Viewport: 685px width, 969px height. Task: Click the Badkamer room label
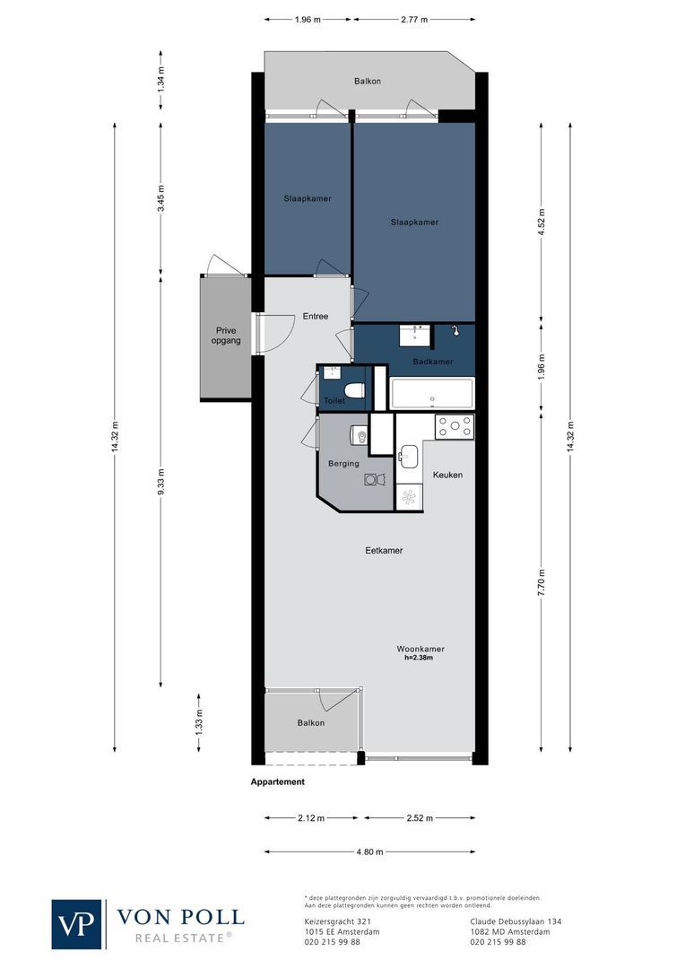pos(432,362)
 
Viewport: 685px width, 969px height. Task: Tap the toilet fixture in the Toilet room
pos(354,389)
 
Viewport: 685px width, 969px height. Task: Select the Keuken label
pos(447,475)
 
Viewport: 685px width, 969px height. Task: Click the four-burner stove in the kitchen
pos(455,427)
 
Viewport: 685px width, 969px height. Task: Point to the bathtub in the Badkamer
pos(431,395)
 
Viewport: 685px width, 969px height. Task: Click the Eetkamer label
pos(383,551)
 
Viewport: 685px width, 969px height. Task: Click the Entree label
pos(315,316)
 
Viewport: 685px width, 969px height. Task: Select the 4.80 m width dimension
pos(369,851)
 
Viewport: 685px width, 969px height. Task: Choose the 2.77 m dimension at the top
pos(413,18)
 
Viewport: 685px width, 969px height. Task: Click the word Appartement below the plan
pos(277,781)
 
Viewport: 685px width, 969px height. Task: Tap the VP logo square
pos(78,923)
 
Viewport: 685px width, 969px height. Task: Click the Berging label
pos(343,464)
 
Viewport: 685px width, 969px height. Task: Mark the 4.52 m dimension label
pos(541,221)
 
